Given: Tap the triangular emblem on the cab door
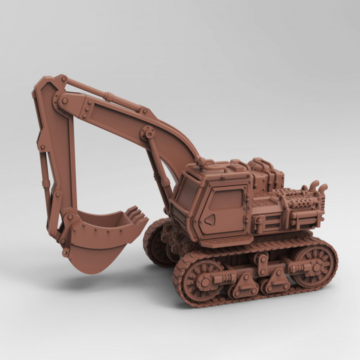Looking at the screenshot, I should coord(211,218).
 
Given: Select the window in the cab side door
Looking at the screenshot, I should coord(226,199).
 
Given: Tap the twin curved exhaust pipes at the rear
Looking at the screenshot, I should coord(318,189).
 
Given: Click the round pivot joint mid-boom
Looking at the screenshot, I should coord(147,133).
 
